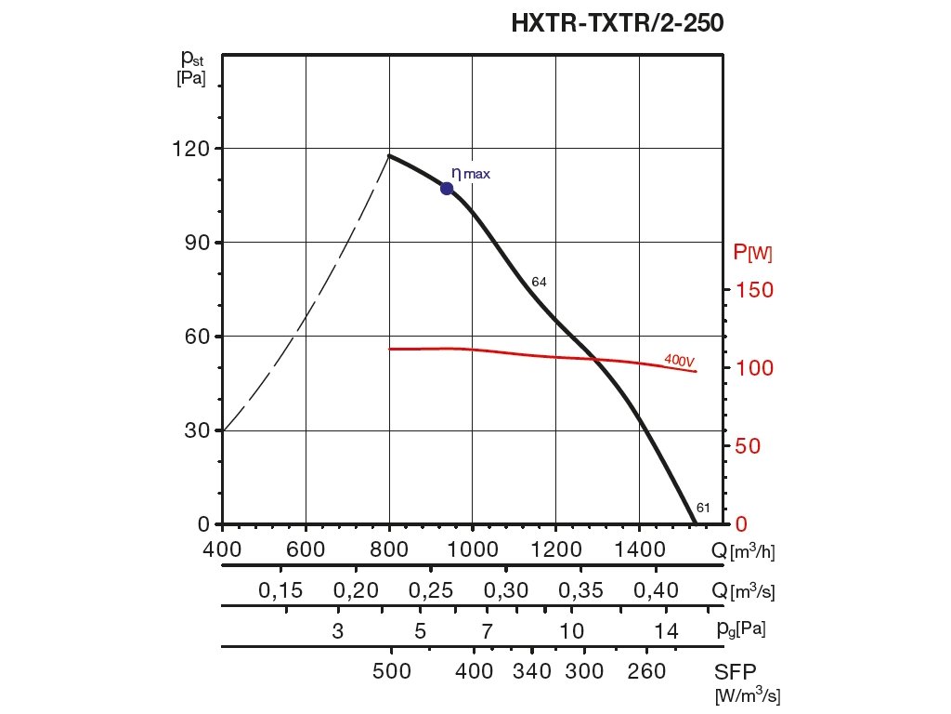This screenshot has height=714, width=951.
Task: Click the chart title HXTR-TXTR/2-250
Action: [x=617, y=23]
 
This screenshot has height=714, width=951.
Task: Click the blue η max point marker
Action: [x=447, y=188]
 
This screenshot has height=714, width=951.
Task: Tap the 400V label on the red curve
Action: [x=681, y=359]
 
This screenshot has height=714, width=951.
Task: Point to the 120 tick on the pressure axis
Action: [x=190, y=149]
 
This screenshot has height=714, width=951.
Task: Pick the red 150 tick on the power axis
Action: [x=754, y=290]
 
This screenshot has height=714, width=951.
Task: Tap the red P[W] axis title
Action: [x=752, y=251]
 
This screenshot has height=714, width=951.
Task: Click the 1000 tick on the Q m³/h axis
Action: [x=473, y=550]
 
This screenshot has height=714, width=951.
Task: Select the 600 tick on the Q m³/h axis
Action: [x=306, y=550]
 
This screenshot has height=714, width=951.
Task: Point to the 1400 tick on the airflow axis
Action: [x=639, y=550]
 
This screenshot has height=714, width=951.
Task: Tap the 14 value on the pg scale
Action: [x=666, y=631]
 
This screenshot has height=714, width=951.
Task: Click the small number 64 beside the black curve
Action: [x=539, y=282]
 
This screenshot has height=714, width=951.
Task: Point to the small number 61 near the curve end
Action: [x=703, y=508]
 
